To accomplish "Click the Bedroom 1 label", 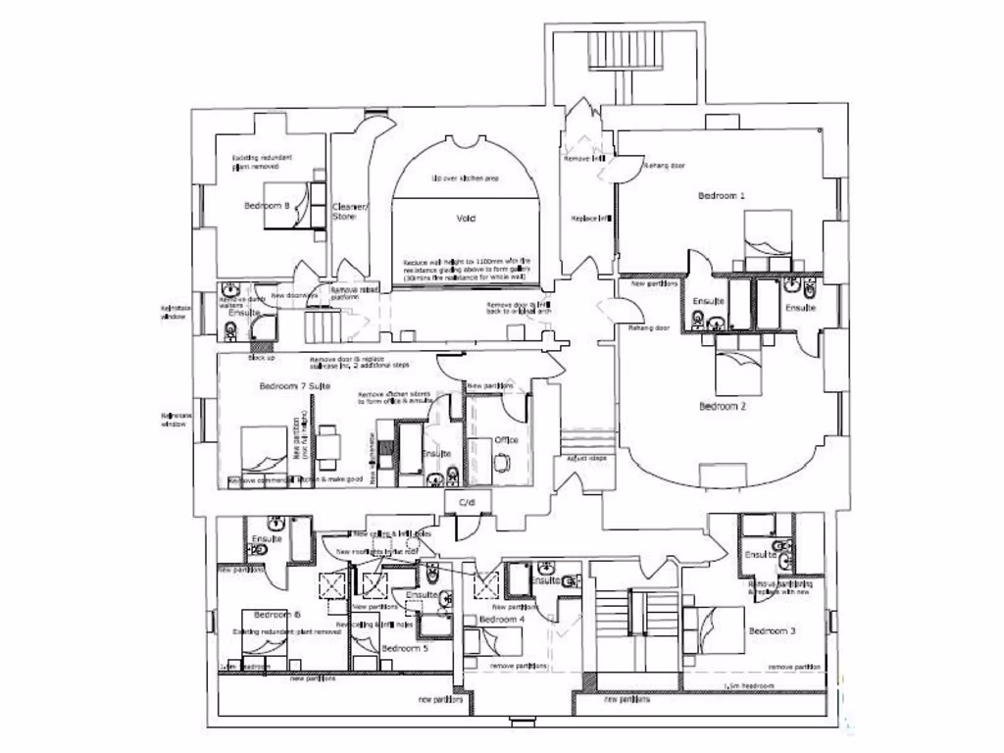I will tap(722, 196).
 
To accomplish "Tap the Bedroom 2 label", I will tap(723, 405).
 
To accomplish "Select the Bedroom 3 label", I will tap(772, 630).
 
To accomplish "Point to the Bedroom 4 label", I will tap(501, 620).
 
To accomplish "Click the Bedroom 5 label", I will tap(404, 649).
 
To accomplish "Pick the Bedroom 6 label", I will tap(276, 615).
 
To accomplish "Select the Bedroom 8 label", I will tap(267, 206).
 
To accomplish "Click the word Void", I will tap(466, 218).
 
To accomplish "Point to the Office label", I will tap(506, 440).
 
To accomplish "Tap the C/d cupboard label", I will tap(466, 504).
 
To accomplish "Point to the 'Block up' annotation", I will tap(261, 358).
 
